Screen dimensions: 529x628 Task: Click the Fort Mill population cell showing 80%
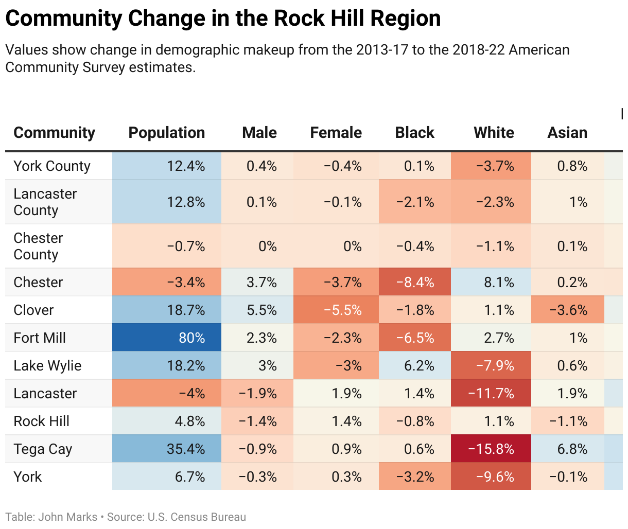click(x=167, y=338)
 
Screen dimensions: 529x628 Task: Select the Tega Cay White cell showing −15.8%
click(x=491, y=449)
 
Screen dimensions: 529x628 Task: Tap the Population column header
click(x=166, y=133)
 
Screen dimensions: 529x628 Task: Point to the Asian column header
click(x=567, y=133)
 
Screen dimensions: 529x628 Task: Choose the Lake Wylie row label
click(x=47, y=365)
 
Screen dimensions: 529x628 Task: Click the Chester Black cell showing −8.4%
click(x=415, y=282)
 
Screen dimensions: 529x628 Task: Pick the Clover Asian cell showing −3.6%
click(x=567, y=310)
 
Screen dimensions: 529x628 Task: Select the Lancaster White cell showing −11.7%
click(x=491, y=393)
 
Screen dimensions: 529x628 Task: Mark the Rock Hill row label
click(x=41, y=421)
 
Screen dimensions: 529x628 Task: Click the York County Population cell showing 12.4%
click(x=167, y=166)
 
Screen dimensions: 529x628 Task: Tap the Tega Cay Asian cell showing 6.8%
click(x=567, y=449)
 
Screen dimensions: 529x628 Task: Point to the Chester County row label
click(x=38, y=246)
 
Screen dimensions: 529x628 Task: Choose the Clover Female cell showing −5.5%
click(x=336, y=310)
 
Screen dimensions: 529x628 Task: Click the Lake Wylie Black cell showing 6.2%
click(x=415, y=365)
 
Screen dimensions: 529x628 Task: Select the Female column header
click(x=336, y=133)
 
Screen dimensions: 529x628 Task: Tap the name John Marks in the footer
click(x=67, y=517)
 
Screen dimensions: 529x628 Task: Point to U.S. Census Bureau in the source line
click(x=197, y=517)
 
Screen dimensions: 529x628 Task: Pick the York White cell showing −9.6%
click(x=491, y=477)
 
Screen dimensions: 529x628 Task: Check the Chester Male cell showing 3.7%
click(x=257, y=282)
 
